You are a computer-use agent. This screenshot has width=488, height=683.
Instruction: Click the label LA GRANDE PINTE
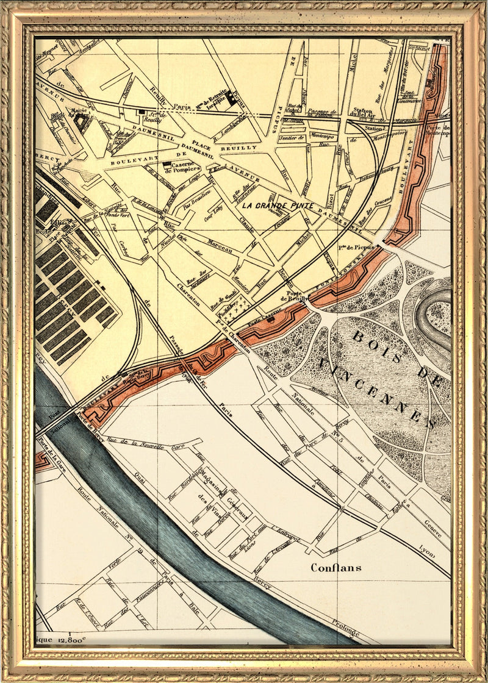(277, 206)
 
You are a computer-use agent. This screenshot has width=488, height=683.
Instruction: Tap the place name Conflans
(335, 567)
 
